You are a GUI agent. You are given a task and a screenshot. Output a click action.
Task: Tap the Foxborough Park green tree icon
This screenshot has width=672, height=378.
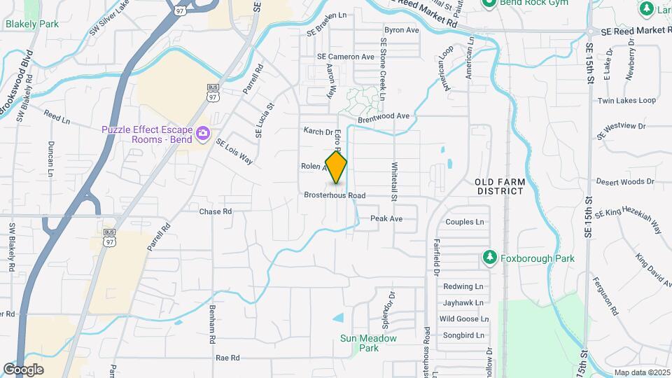click(x=490, y=258)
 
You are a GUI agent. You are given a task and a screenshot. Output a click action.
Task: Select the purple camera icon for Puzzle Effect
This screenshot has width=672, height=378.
click(x=203, y=133)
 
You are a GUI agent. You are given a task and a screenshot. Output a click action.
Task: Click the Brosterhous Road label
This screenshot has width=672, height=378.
click(x=335, y=196)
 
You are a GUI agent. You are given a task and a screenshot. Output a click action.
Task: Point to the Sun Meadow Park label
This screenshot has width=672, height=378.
click(x=368, y=343)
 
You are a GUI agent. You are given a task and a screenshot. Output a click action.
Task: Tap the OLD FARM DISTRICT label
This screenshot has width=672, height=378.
click(x=500, y=187)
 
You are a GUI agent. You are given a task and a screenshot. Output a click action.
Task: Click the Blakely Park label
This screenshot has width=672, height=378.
click(x=31, y=24)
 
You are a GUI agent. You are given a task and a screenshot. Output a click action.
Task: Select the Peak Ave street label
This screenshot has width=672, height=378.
click(x=386, y=218)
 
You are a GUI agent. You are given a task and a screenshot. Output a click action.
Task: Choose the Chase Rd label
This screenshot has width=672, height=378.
click(x=215, y=211)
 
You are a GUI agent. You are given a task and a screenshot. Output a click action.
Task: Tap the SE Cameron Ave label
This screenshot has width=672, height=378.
click(x=346, y=57)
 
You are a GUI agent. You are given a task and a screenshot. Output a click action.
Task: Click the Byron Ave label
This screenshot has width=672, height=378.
click(x=401, y=30)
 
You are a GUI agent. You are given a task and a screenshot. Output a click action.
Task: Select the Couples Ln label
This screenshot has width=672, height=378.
click(x=465, y=222)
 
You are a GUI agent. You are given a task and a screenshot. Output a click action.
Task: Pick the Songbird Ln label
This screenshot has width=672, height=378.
click(x=462, y=335)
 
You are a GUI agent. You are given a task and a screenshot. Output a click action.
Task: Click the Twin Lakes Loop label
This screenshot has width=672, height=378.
click(x=626, y=101)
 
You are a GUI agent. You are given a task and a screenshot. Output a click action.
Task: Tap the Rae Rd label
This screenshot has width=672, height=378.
click(x=227, y=358)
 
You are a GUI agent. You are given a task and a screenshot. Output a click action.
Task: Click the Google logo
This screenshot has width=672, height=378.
click(x=22, y=370)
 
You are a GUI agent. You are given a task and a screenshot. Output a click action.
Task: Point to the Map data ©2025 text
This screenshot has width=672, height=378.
click(x=641, y=372)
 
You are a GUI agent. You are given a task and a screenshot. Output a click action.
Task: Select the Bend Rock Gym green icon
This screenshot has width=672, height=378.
click(x=490, y=3)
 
